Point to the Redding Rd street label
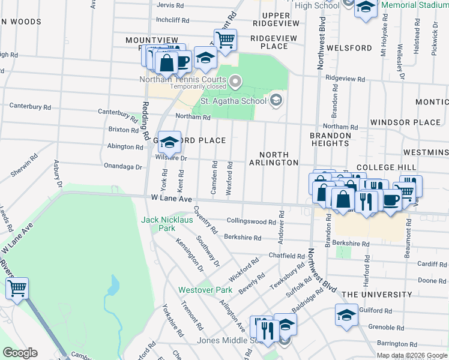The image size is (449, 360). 145,120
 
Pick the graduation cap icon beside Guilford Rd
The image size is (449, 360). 346,315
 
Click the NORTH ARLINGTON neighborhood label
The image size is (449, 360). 274,158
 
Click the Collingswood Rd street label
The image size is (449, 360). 250,221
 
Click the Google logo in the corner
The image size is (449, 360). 20,353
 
